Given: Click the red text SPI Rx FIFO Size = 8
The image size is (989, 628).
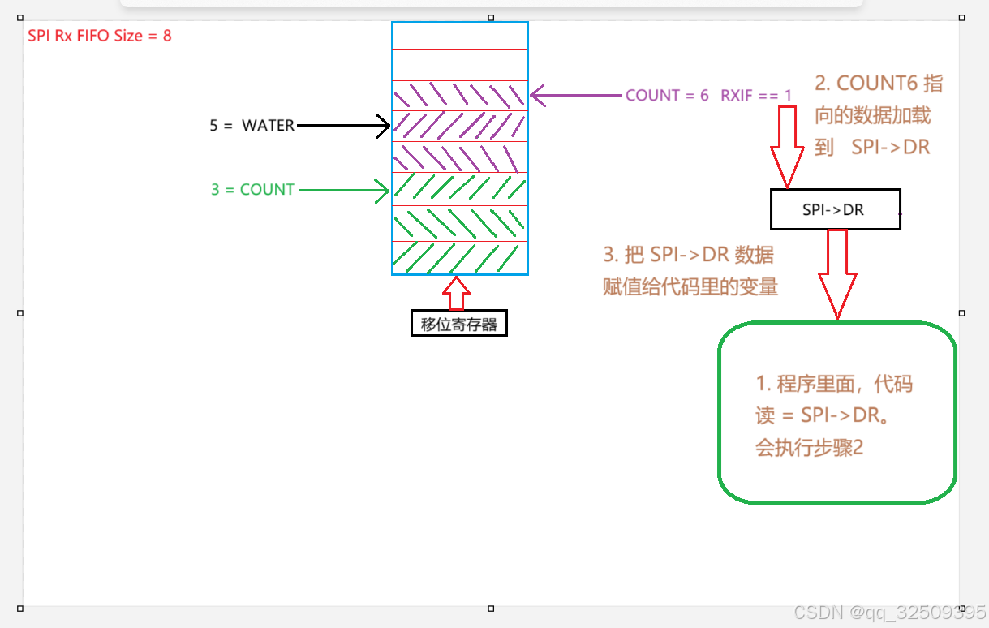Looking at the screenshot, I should (x=100, y=36).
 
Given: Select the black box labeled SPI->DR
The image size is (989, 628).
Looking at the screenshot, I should (x=834, y=209).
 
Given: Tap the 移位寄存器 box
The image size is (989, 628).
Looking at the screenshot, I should (x=459, y=324).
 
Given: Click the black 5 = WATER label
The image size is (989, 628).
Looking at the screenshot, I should (x=252, y=126).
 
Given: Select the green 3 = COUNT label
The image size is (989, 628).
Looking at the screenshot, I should (x=252, y=190).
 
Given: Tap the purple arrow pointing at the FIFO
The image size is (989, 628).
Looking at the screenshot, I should (x=576, y=96).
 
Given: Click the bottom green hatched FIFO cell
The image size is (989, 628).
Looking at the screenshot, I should (x=460, y=257).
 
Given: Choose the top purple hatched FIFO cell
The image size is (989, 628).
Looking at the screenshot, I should (x=460, y=96).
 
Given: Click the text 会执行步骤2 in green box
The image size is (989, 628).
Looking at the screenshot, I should (x=809, y=447).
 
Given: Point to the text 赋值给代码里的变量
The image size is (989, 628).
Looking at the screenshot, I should (x=690, y=286).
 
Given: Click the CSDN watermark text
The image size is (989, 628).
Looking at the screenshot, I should (x=889, y=612).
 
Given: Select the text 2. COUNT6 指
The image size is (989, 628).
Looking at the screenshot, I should (x=879, y=84).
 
